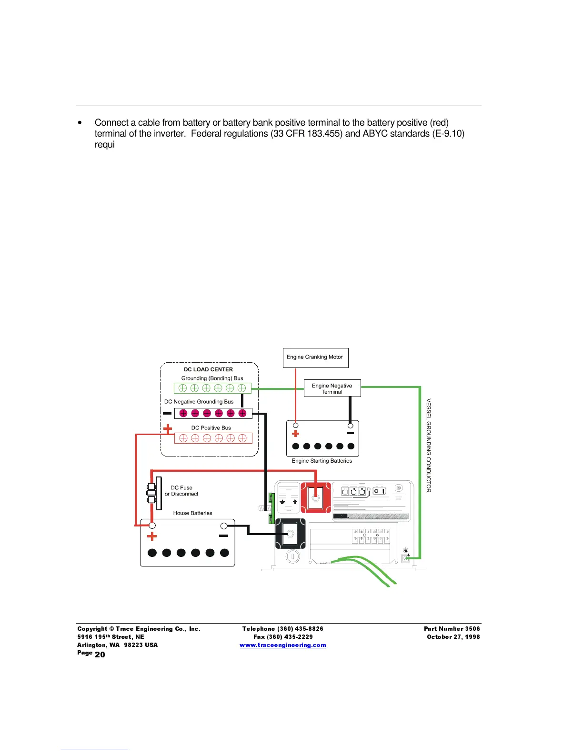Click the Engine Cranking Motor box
(315, 357)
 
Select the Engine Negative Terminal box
(332, 388)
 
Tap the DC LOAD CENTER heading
(208, 369)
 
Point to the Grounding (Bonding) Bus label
(212, 378)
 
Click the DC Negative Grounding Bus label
(199, 402)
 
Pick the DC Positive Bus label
(211, 428)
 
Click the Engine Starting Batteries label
(322, 461)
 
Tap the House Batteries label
(192, 513)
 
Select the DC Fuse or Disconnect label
(181, 491)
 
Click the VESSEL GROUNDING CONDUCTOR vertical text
(428, 446)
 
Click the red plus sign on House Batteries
(152, 537)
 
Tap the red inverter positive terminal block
(315, 498)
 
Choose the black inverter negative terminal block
(290, 534)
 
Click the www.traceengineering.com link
(283, 645)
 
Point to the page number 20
(100, 655)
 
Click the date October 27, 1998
(453, 637)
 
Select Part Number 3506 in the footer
(452, 629)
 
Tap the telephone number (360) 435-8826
(300, 629)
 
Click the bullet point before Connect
(80, 123)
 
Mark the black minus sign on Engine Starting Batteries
(350, 433)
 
